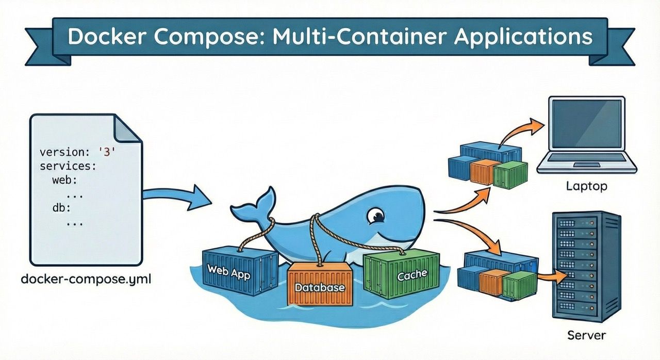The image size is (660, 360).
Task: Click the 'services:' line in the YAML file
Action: pos(68,167)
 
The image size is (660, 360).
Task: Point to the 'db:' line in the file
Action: pos(61,209)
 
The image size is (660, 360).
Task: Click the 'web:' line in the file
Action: pos(64,181)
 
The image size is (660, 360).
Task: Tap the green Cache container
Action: pos(402,274)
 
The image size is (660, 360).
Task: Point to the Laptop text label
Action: pos(586,186)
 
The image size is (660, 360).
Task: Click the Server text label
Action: pos(586,335)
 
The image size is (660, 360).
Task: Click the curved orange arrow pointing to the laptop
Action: pos(521,132)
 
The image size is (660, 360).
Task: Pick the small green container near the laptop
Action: pos(510,174)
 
